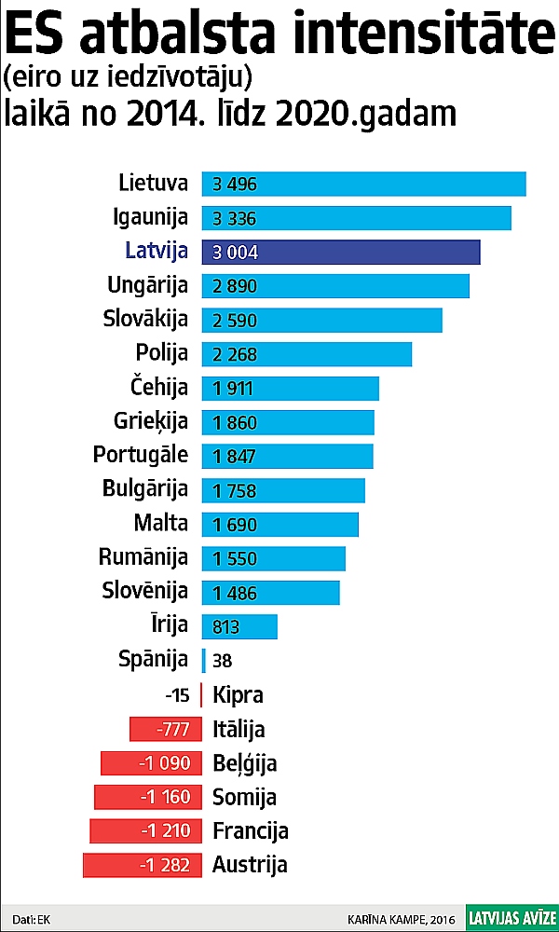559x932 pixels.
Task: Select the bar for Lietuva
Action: tap(363, 184)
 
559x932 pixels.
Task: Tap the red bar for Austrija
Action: tap(142, 865)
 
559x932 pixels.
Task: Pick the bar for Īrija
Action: tap(239, 626)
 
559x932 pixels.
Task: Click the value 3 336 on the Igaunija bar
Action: tap(235, 219)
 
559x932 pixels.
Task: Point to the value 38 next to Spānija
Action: tap(222, 661)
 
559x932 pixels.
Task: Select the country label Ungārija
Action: tap(148, 285)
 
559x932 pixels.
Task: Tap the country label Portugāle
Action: tap(141, 456)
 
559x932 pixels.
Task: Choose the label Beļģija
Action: tap(245, 764)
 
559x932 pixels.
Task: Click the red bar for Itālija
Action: tap(165, 729)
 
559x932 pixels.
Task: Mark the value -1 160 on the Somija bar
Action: tap(165, 797)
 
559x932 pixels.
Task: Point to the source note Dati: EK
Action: tap(32, 918)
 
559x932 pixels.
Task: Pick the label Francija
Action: tap(251, 831)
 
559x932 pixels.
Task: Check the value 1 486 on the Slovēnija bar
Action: tap(235, 593)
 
